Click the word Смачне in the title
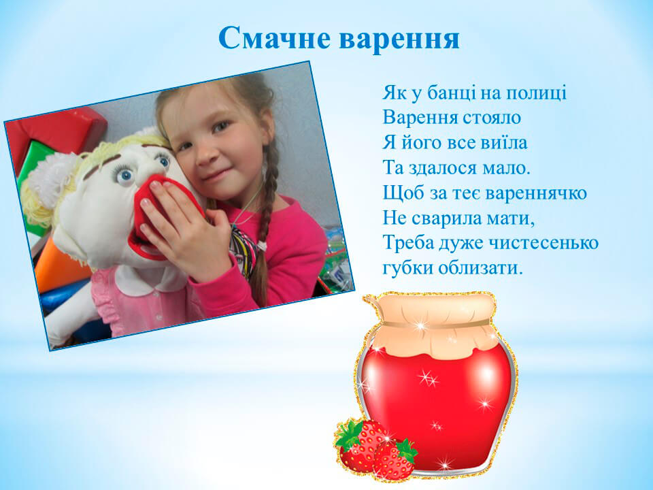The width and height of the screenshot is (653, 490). tap(275, 38)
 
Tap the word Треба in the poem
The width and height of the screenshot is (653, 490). tap(407, 243)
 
